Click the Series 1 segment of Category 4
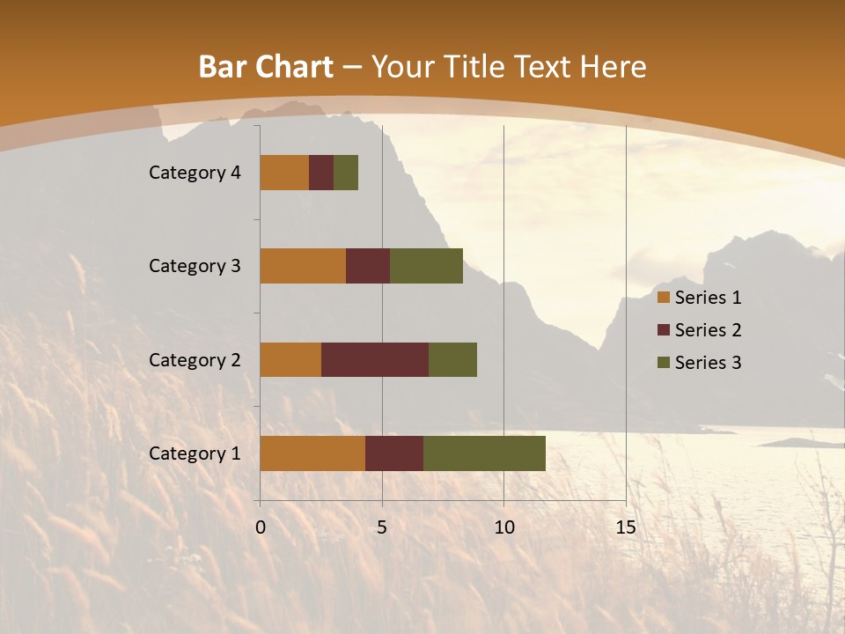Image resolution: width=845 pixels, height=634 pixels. click(284, 173)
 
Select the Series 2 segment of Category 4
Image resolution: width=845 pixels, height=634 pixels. click(321, 173)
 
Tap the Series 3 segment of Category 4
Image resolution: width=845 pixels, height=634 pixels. click(346, 173)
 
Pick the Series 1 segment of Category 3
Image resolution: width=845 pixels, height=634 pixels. click(303, 266)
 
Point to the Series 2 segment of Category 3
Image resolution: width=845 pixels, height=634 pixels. click(368, 266)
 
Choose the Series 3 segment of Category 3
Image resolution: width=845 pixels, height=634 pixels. click(426, 266)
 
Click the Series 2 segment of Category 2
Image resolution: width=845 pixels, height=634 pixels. click(375, 359)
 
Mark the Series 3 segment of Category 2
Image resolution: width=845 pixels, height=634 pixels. click(452, 359)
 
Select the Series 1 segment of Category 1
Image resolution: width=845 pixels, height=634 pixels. click(312, 453)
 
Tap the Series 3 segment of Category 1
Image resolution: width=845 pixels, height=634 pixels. click(484, 453)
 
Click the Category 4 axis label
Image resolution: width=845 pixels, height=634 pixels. click(195, 173)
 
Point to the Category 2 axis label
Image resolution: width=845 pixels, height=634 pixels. click(195, 359)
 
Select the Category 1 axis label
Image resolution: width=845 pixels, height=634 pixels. click(195, 453)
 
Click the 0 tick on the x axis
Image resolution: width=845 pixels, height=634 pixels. click(261, 527)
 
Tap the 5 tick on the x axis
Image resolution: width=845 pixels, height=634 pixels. click(382, 527)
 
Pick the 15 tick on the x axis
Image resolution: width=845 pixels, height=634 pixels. click(625, 527)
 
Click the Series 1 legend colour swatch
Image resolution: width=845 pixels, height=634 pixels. click(664, 298)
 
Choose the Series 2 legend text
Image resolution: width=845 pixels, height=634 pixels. click(708, 330)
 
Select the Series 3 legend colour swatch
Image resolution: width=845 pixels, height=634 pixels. click(664, 363)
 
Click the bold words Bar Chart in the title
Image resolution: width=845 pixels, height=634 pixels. click(266, 67)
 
